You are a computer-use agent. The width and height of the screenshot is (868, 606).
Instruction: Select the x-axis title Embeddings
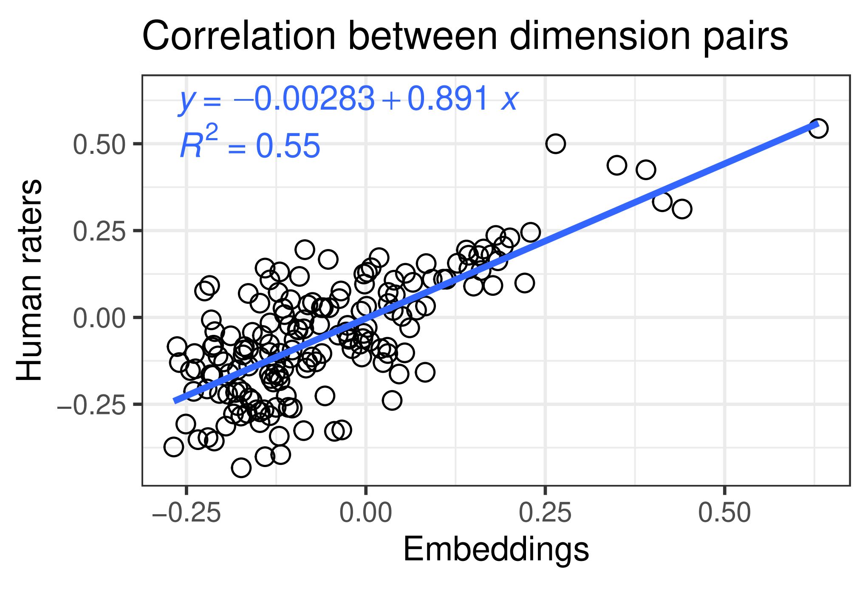(x=496, y=550)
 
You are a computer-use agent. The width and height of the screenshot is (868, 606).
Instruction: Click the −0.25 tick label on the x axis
(x=186, y=513)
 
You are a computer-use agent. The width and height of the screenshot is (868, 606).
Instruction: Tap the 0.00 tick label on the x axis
(x=365, y=513)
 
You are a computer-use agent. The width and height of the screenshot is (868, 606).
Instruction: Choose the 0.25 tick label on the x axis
(x=545, y=513)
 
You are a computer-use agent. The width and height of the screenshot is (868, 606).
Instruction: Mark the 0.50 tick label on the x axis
(x=724, y=513)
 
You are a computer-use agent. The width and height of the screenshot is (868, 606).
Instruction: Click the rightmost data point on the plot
(x=818, y=128)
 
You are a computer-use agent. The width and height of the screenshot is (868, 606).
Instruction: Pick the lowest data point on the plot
(x=241, y=468)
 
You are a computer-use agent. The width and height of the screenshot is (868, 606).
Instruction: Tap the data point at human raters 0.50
(x=555, y=144)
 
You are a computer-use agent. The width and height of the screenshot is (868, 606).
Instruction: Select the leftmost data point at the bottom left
(x=173, y=447)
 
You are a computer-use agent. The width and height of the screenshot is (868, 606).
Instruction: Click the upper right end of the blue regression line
(x=815, y=125)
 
